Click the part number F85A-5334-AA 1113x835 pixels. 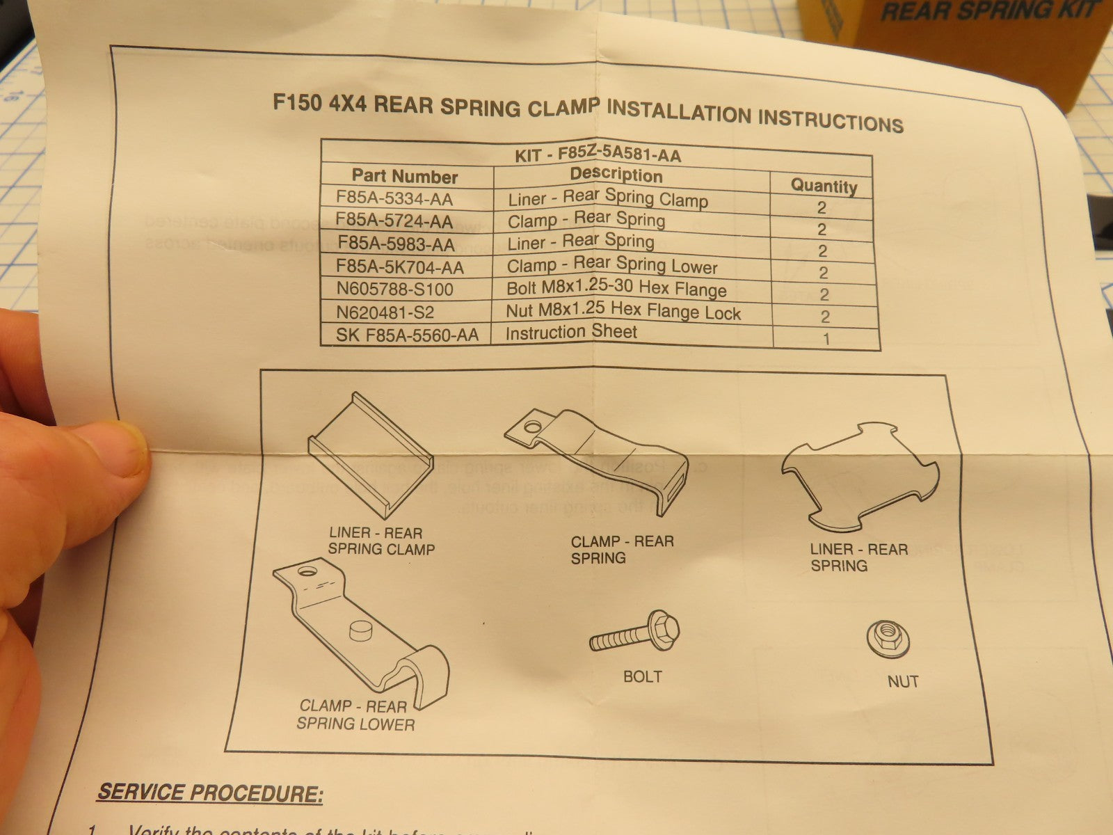394,198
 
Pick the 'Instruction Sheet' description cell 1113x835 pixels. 571,332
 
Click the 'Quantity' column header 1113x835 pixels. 824,186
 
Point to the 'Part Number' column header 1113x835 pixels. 404,176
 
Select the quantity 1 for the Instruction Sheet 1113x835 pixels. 826,339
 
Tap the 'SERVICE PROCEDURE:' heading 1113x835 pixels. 210,792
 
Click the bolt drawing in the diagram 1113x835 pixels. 634,633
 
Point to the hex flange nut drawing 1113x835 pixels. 888,637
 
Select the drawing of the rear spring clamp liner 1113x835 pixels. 371,452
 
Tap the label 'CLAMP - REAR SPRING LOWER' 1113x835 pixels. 355,715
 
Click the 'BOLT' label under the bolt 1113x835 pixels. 642,676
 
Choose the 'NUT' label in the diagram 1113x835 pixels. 903,681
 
